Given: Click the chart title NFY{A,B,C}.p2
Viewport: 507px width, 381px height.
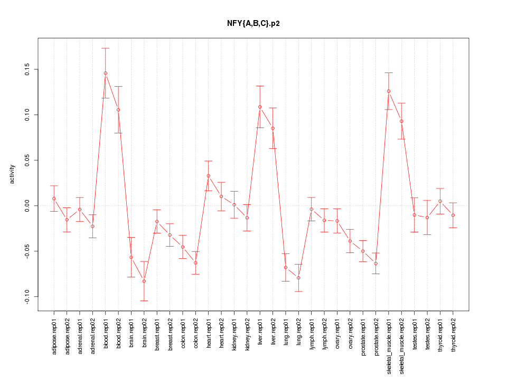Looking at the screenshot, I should point(253,23).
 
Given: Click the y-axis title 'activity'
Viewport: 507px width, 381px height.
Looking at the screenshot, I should point(12,174).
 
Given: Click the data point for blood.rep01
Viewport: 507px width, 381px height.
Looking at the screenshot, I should point(106,73).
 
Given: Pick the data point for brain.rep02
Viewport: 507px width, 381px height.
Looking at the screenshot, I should point(144,281).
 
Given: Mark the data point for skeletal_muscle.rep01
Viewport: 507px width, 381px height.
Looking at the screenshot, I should point(389,91).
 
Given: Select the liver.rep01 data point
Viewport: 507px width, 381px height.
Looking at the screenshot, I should point(260,107).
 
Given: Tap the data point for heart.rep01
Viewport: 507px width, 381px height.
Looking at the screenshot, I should point(209,176).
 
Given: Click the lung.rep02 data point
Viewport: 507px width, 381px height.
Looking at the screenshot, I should point(298,278).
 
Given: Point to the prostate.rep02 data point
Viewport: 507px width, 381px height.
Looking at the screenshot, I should point(376,264).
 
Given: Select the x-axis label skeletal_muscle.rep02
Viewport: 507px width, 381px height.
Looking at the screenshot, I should point(402,344).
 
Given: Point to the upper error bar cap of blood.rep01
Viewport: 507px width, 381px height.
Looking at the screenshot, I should point(106,48).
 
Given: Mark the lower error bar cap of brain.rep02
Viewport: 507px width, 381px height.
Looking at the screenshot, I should point(144,301).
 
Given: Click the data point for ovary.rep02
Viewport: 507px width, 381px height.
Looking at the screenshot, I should point(350,241).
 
